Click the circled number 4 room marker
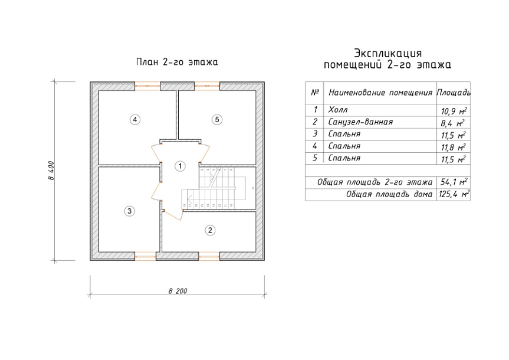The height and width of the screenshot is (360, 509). click(134, 120)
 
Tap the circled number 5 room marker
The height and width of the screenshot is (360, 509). click(217, 120)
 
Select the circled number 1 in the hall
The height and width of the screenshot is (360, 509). click(180, 166)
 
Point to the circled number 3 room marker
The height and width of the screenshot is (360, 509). click(129, 211)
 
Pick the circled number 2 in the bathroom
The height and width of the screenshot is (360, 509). click(210, 230)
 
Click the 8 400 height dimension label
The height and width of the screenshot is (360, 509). click(51, 171)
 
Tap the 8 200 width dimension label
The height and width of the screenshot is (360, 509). click(178, 291)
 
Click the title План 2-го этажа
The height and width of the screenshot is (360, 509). click(177, 62)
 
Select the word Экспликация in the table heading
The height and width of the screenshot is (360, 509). click(388, 53)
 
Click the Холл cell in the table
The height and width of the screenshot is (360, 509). click(338, 110)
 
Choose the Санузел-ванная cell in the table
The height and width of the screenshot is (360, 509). click(360, 122)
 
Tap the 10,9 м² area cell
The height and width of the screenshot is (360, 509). click(454, 111)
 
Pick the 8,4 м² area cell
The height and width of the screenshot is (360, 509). click(452, 123)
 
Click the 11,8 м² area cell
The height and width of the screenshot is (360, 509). click(453, 147)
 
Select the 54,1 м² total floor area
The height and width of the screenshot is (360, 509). click(454, 182)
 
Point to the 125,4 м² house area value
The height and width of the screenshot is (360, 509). click(454, 194)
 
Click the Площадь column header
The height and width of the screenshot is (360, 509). click(454, 93)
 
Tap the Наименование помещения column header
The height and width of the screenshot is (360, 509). click(380, 93)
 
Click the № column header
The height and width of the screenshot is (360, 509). click(315, 92)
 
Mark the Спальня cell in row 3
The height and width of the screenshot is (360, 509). click(344, 134)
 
